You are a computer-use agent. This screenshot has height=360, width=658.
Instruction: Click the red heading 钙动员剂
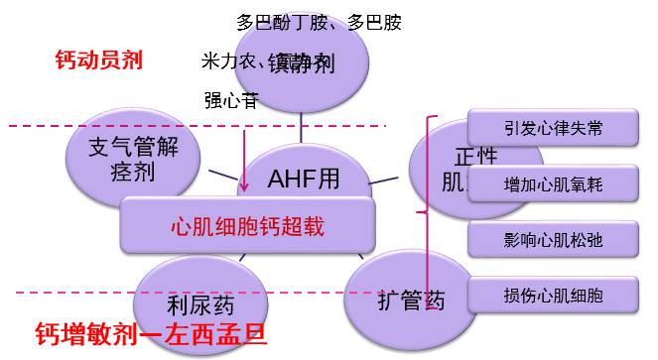[98, 60]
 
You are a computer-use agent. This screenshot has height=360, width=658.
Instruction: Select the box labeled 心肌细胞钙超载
[248, 225]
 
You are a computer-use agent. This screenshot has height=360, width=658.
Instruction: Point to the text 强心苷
[231, 99]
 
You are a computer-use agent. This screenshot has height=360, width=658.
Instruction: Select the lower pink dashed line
[60, 293]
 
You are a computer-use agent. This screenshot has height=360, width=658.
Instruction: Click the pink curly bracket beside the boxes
[428, 208]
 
